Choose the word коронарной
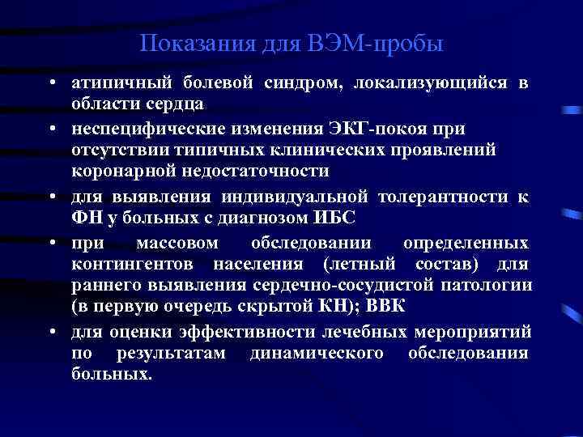(117, 171)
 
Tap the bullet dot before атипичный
(51, 83)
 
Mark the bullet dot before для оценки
(51, 333)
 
